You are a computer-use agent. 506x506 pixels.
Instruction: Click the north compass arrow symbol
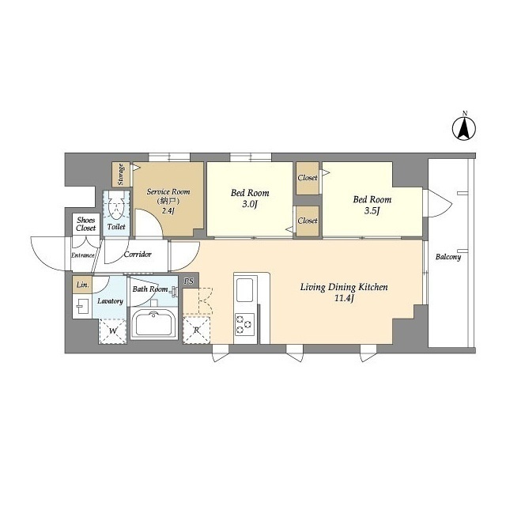(x=464, y=128)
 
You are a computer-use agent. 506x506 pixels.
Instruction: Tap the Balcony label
(x=448, y=257)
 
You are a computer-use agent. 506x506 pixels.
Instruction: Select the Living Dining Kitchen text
(x=344, y=287)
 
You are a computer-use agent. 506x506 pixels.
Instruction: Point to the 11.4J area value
(x=344, y=298)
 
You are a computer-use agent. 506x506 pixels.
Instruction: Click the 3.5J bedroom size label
(x=372, y=211)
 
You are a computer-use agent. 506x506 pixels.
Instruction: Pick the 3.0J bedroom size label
(x=250, y=204)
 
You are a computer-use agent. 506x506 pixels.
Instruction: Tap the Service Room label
(x=168, y=191)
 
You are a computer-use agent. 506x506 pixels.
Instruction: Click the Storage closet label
(x=121, y=175)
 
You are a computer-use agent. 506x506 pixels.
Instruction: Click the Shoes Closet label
(x=86, y=224)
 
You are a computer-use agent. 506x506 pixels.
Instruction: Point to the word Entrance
(x=82, y=255)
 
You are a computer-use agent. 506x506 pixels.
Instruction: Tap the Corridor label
(x=138, y=255)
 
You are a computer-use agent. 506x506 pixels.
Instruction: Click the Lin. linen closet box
(x=82, y=285)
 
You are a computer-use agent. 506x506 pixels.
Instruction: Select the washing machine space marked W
(x=112, y=331)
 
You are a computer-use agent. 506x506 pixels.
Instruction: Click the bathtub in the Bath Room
(x=153, y=324)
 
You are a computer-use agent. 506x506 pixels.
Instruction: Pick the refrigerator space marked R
(x=197, y=330)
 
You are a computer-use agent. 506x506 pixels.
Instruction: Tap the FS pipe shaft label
(x=189, y=281)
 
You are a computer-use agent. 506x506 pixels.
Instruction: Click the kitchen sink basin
(x=244, y=290)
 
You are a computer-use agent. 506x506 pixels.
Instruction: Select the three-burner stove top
(x=244, y=324)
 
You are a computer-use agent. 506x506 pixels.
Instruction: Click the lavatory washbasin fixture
(x=82, y=307)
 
